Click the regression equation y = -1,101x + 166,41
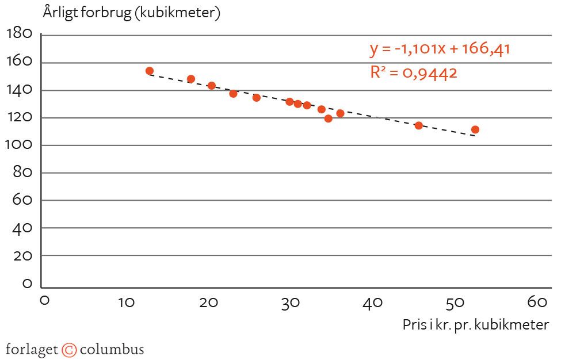point(440,49)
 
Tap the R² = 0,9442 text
point(413,72)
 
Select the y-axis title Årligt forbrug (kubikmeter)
point(132,13)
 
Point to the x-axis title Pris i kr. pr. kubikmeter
point(476,324)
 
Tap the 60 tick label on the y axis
point(22,200)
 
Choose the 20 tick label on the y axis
point(22,255)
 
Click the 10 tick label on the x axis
point(125,301)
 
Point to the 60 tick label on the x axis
point(536,301)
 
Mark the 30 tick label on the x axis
point(290,301)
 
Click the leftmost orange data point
point(150,71)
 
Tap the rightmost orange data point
point(475,129)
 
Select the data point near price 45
point(418,125)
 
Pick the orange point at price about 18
point(191,79)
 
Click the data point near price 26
point(257,97)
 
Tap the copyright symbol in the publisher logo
point(69,350)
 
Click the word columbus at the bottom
point(112,350)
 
